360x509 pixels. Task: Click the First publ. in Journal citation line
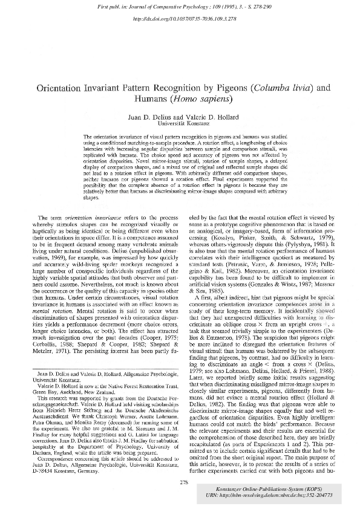[x=179, y=7]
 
